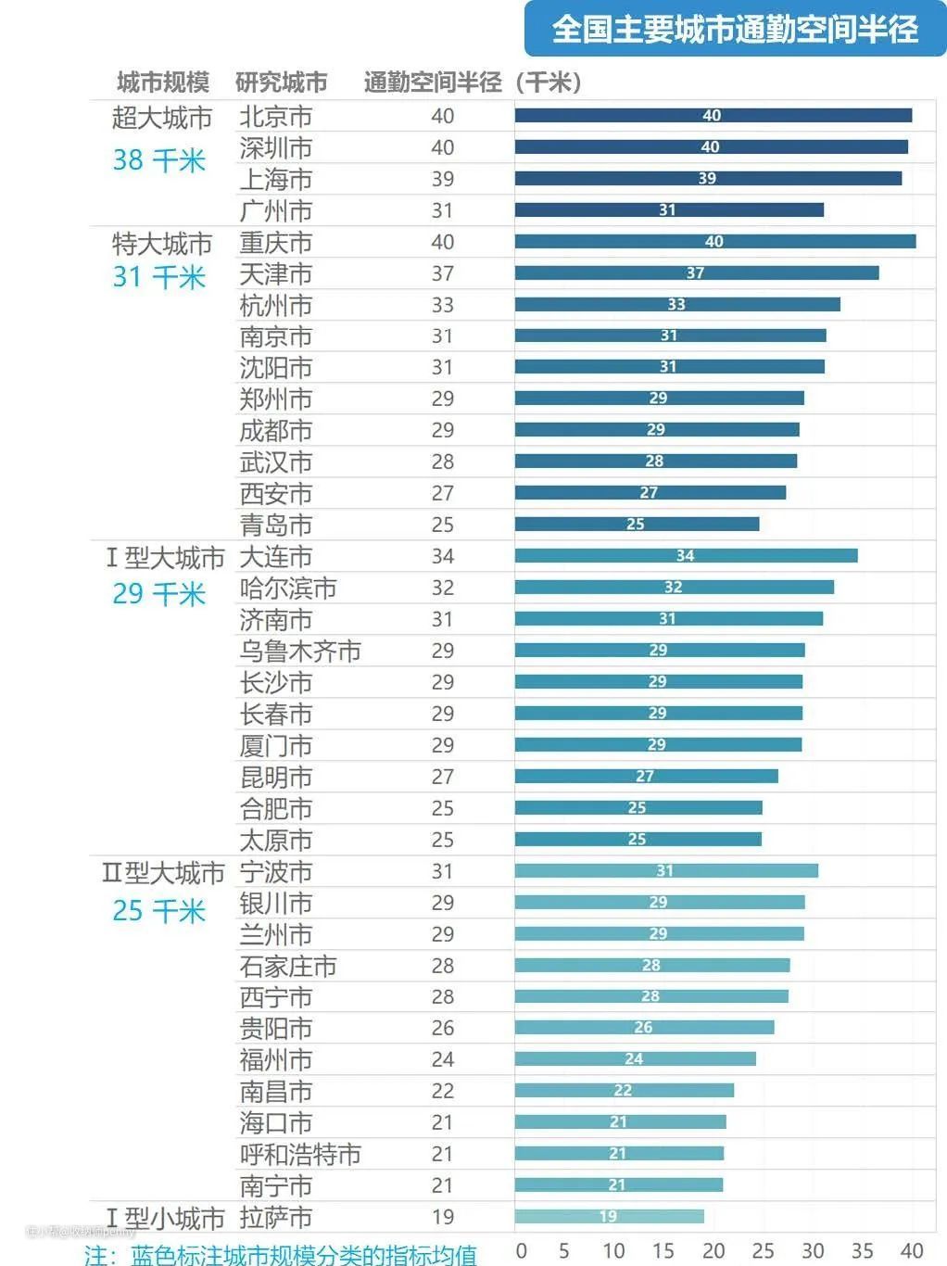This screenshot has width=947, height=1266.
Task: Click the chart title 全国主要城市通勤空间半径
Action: [735, 29]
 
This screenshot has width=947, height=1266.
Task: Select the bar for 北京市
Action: [713, 116]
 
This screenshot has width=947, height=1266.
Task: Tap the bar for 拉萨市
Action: [609, 1217]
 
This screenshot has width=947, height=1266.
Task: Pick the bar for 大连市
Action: [686, 556]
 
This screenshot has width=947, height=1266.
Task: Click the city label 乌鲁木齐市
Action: [299, 652]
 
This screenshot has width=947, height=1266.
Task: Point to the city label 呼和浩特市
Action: [299, 1155]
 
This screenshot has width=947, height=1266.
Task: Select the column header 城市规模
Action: [163, 82]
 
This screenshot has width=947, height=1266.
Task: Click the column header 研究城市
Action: [281, 82]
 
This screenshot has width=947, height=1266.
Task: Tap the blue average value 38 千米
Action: [158, 160]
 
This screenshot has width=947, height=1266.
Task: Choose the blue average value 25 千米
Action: [158, 911]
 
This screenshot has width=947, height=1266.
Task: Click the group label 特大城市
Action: [162, 244]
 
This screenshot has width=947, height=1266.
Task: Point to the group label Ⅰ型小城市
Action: [164, 1218]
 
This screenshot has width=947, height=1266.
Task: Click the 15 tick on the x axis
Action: [663, 1250]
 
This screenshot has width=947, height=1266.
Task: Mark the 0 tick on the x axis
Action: [521, 1250]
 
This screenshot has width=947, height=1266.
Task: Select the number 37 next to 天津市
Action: [443, 274]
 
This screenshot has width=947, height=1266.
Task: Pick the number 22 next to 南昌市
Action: [443, 1092]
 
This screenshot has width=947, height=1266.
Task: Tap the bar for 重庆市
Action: [714, 242]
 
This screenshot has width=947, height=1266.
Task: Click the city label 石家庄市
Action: [287, 967]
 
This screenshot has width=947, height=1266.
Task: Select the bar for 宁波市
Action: [666, 871]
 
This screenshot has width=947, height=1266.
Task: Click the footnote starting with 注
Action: [280, 1255]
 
